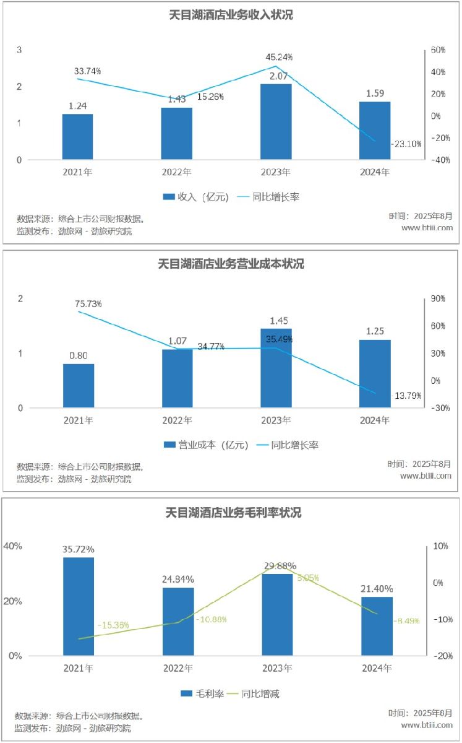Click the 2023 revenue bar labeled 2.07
coord(276,122)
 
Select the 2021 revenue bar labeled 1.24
coord(77,137)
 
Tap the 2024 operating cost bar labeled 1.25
coord(375,373)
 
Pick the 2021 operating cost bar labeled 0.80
coord(79,386)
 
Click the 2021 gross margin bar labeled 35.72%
coord(79,606)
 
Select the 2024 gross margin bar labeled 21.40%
coord(377,626)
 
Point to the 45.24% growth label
coord(279,57)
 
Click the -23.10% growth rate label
coord(406,144)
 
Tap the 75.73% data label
coord(89,303)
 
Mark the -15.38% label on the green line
coord(113,625)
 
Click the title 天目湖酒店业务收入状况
coord(231,15)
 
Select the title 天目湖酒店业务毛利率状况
coord(231,513)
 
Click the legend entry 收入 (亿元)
coord(195,197)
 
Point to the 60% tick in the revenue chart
coord(438,50)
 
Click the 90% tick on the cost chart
coord(438,298)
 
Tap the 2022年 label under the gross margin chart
coord(178,669)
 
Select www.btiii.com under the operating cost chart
coord(426,476)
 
